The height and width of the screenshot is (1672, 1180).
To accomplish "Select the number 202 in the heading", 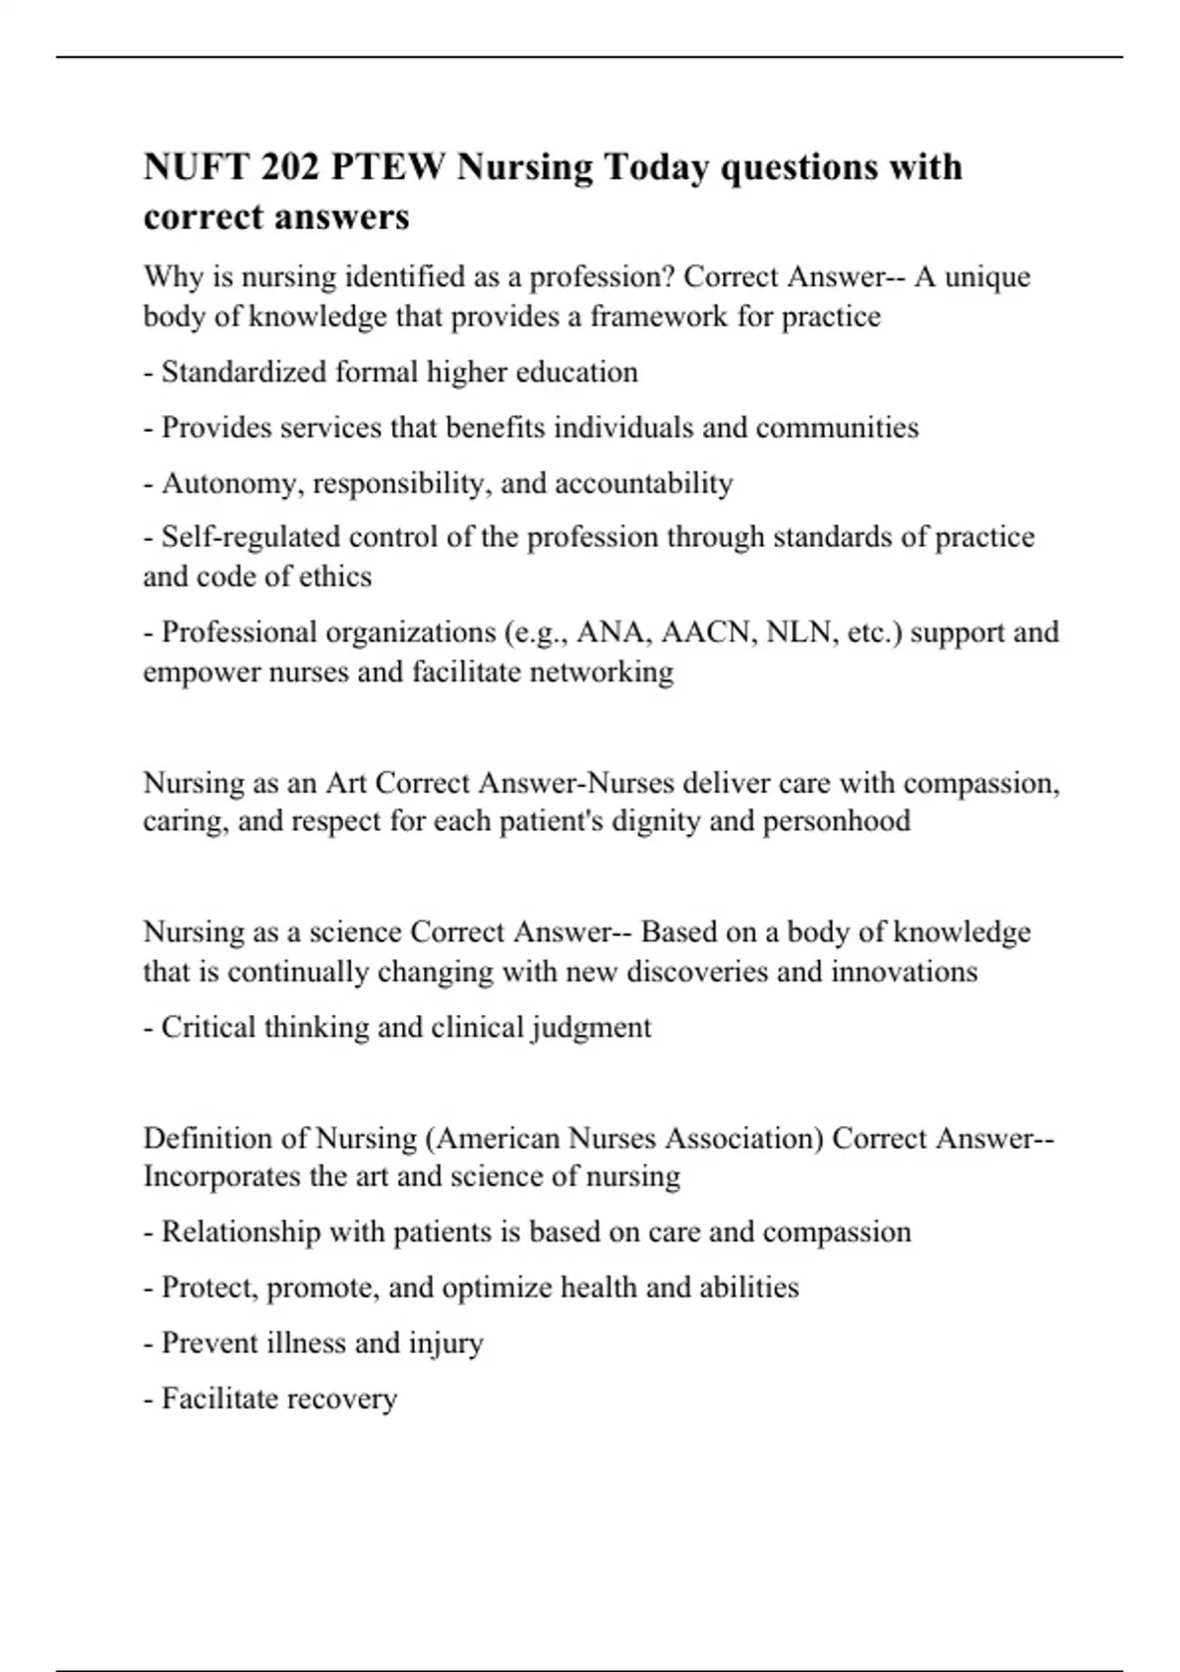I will click(290, 167).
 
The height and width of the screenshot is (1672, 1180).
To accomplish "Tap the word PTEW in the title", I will click(388, 167).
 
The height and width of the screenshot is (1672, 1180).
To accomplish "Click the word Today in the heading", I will click(655, 167).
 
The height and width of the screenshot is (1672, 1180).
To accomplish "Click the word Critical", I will click(204, 1027).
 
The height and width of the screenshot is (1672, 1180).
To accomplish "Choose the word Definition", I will click(207, 1138).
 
